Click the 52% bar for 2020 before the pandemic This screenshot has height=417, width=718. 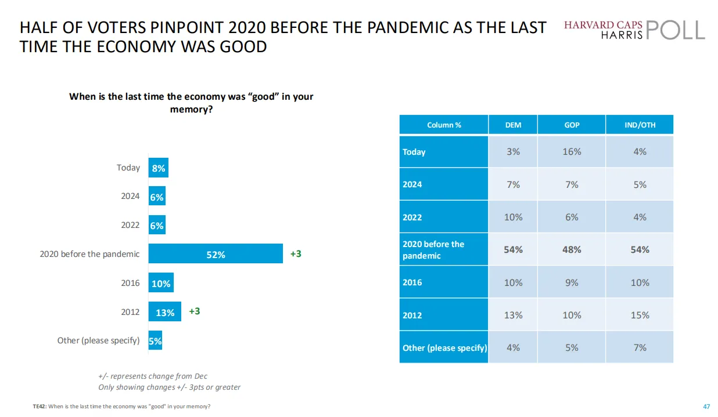coord(216,254)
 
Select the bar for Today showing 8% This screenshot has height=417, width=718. coord(158,168)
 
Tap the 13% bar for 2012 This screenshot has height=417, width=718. coord(165,312)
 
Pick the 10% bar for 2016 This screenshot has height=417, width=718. coord(161,283)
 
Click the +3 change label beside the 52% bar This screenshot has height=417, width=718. coord(296,254)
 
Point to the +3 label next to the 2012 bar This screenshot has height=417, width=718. coord(194,311)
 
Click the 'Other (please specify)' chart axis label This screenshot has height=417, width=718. coord(98,340)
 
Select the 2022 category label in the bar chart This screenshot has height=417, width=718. coord(130,225)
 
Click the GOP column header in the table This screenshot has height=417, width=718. coord(572,125)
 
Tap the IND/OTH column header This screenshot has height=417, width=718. coord(640,125)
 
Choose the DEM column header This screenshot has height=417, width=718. coord(513,125)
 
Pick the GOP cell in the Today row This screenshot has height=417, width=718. coord(572,152)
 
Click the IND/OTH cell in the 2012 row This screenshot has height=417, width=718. coord(640,315)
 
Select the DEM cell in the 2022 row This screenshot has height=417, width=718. coord(513,217)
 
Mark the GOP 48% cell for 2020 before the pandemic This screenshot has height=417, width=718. coord(572,249)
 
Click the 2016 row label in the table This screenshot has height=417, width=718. coord(412,282)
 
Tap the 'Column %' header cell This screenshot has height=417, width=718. coord(444,125)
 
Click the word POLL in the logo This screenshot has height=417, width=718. coord(674,30)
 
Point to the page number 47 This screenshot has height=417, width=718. coord(706,407)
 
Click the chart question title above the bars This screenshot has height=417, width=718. coord(191,102)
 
